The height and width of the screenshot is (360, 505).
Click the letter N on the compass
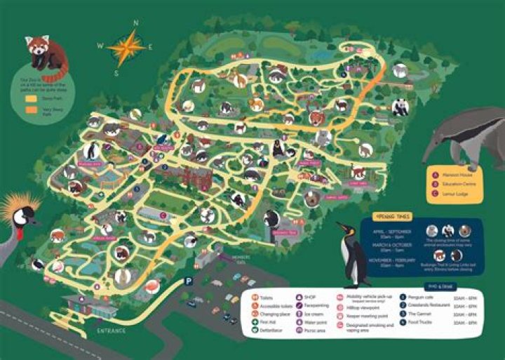(136, 22)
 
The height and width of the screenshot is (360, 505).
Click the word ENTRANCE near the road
(111, 330)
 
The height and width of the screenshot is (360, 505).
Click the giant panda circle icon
(400, 107)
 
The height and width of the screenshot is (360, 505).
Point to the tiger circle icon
(316, 117)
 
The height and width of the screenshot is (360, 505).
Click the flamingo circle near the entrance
(151, 286)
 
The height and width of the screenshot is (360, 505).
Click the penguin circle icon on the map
(90, 150)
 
